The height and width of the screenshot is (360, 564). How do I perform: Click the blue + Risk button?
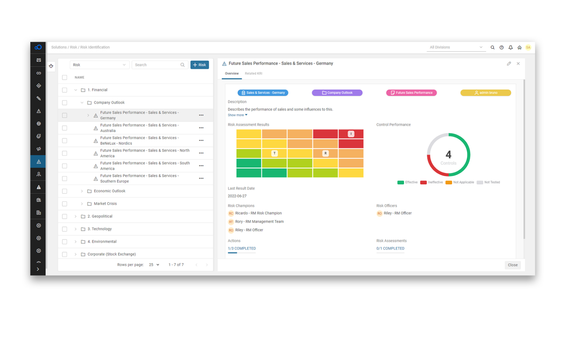click(199, 65)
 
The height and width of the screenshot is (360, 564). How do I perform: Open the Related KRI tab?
click(253, 73)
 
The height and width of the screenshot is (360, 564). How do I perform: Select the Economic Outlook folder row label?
click(109, 191)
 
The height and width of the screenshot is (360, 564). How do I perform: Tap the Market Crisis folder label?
click(105, 204)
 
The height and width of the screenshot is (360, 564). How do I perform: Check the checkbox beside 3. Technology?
click(65, 229)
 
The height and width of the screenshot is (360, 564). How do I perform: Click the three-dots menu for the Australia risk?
click(201, 128)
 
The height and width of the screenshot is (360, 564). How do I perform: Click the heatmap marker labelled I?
click(351, 134)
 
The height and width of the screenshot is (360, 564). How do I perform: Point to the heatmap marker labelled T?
click(274, 153)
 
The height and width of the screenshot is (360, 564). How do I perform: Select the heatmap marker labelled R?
click(325, 153)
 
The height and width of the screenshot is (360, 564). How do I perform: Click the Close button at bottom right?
click(513, 265)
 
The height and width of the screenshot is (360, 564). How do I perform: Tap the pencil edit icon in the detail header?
click(509, 63)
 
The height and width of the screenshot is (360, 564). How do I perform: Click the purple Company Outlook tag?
click(337, 93)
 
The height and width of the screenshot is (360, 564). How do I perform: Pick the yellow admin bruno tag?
click(485, 93)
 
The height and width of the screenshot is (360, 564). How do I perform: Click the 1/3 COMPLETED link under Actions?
click(242, 248)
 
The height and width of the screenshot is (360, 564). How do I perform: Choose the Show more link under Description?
click(237, 115)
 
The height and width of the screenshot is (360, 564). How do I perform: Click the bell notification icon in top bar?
click(510, 47)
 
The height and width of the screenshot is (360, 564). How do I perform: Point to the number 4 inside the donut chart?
click(448, 154)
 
